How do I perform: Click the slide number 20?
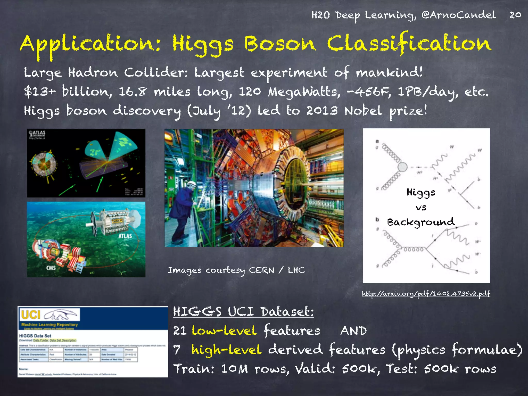(x=515, y=15)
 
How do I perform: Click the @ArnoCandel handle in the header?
(x=458, y=15)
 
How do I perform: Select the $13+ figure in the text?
(x=39, y=92)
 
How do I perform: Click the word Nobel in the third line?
(x=363, y=111)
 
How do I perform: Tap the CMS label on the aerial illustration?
(x=51, y=268)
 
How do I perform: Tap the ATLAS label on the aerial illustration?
(x=125, y=236)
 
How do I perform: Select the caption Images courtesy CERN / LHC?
(x=236, y=270)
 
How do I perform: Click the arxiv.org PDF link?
(x=426, y=294)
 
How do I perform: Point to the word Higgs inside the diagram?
(x=421, y=192)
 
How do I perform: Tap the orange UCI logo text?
(x=31, y=315)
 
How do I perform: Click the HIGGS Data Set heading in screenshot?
(x=35, y=336)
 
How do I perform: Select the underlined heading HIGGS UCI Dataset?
(x=243, y=311)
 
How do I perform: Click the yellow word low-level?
(x=224, y=331)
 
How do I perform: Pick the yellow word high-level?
(x=226, y=350)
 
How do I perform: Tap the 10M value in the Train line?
(x=234, y=369)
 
